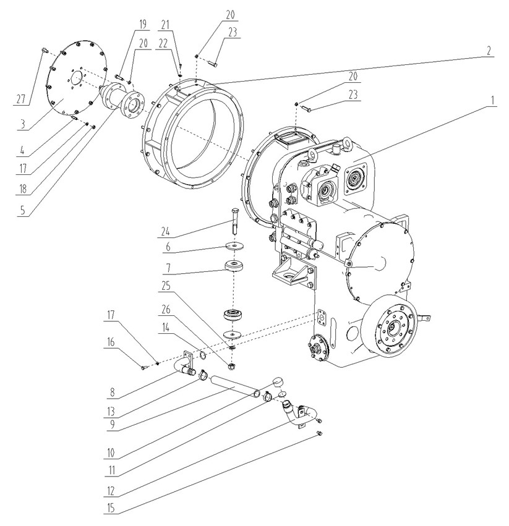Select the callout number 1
[x=492, y=100]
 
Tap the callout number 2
[x=489, y=51]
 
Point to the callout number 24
[x=166, y=231]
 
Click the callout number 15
[x=111, y=508]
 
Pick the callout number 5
[x=23, y=210]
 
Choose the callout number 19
[x=142, y=24]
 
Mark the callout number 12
[x=111, y=491]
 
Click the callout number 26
[x=166, y=309]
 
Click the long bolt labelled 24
[x=234, y=221]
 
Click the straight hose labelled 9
[x=234, y=386]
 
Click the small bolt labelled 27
[x=44, y=51]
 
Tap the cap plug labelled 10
[x=278, y=381]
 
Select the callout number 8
[x=112, y=392]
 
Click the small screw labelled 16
[x=143, y=368]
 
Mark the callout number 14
[x=166, y=328]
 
